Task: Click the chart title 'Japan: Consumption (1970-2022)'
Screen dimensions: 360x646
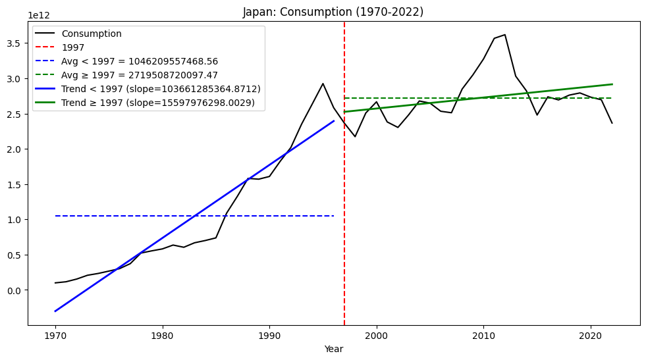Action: click(x=333, y=12)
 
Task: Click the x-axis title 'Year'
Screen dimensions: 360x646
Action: click(x=333, y=349)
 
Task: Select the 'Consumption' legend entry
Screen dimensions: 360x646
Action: click(x=92, y=34)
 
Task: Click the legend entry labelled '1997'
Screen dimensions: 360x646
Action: click(x=72, y=47)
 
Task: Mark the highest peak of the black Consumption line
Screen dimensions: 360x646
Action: click(x=505, y=35)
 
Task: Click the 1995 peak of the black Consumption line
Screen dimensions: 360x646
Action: click(x=323, y=84)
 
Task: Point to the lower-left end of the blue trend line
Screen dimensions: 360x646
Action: click(x=55, y=311)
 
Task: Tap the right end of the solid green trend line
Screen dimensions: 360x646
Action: click(x=612, y=84)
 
